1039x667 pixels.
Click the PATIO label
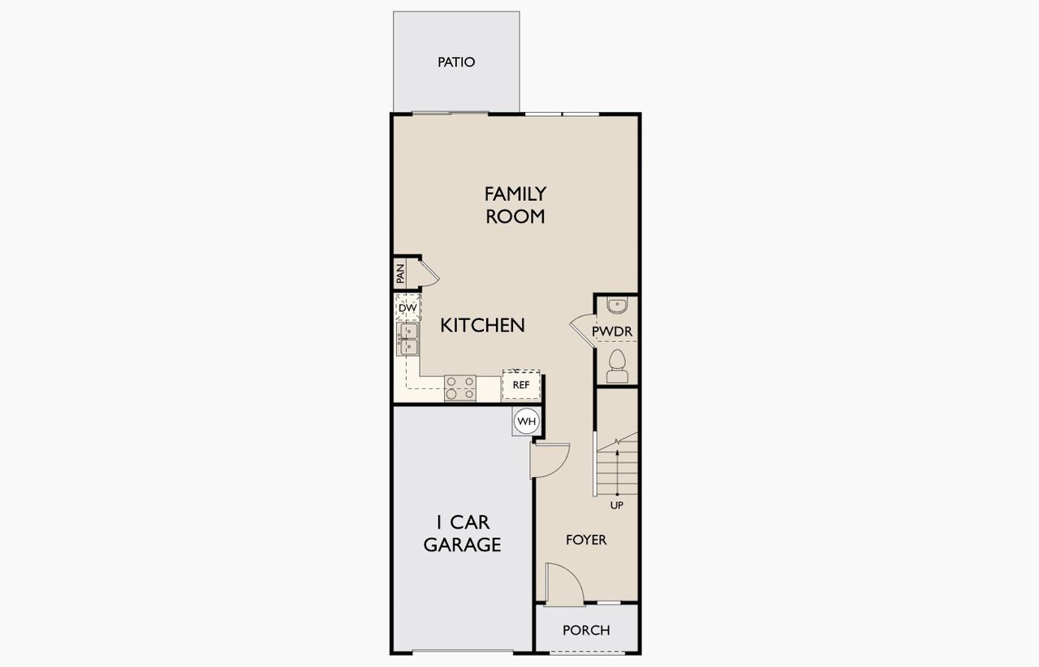pyautogui.click(x=456, y=63)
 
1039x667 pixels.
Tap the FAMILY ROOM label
pyautogui.click(x=515, y=205)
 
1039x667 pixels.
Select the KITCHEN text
pyautogui.click(x=482, y=325)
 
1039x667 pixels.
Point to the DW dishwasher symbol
pyautogui.click(x=407, y=308)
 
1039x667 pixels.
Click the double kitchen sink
pyautogui.click(x=408, y=339)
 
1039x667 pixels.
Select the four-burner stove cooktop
pyautogui.click(x=459, y=388)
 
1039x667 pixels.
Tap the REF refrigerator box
pyautogui.click(x=520, y=384)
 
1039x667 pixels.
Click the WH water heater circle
pyautogui.click(x=526, y=422)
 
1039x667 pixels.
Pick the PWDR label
pyautogui.click(x=611, y=331)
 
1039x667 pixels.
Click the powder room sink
pyautogui.click(x=617, y=305)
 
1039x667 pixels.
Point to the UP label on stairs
pyautogui.click(x=617, y=505)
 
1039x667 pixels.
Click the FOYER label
pyautogui.click(x=585, y=539)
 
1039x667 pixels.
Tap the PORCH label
pyautogui.click(x=586, y=630)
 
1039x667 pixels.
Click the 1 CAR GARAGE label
pyautogui.click(x=462, y=533)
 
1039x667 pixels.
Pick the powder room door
pyautogui.click(x=583, y=327)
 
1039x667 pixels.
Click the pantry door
pyautogui.click(x=429, y=271)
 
